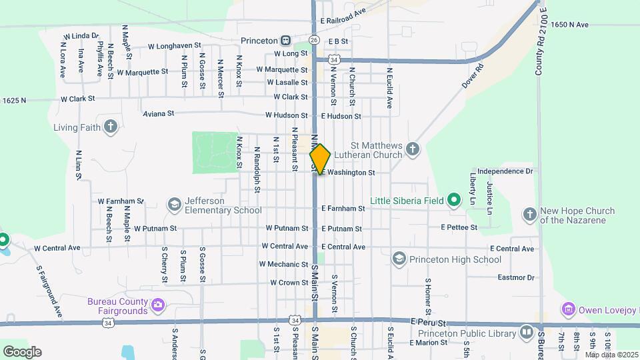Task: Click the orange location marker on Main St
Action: [x=320, y=159]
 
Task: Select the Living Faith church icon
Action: [x=111, y=127]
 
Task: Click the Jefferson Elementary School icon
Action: [x=175, y=205]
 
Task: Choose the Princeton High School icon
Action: [x=399, y=259]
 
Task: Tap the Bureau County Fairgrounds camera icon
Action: [x=158, y=305]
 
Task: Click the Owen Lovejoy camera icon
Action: [x=568, y=309]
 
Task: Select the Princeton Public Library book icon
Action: [x=527, y=331]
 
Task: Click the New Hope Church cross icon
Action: [x=530, y=215]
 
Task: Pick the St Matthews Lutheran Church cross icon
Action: [x=413, y=149]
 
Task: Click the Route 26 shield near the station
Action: [x=313, y=39]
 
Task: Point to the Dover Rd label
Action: [x=472, y=77]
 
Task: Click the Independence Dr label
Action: [x=505, y=171]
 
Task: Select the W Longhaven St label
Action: [x=175, y=46]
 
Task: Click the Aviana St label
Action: [x=159, y=114]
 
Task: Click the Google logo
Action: [x=22, y=351]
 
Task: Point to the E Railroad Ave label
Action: [x=343, y=11]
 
